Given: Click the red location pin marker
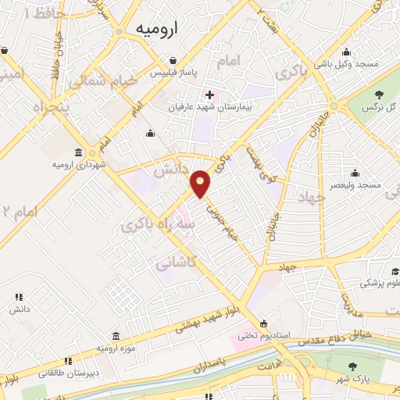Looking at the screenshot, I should click(202, 184).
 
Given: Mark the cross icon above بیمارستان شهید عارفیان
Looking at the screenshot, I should click(209, 95).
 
